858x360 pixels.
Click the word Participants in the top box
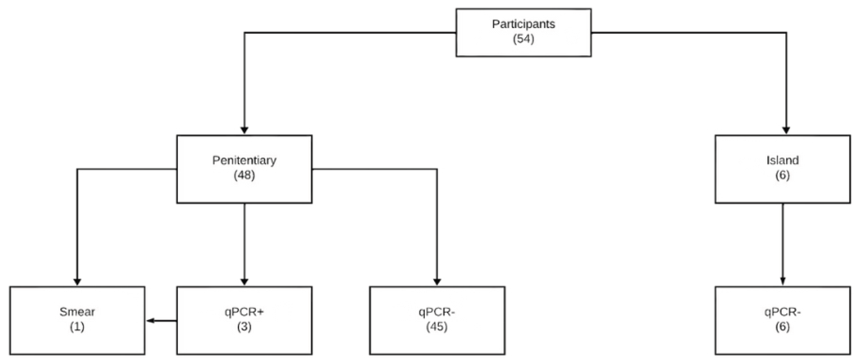point(523,24)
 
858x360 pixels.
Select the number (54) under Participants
point(523,39)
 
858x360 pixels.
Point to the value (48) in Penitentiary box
point(244,175)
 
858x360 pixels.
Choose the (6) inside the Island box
point(782,175)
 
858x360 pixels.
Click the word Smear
point(77,312)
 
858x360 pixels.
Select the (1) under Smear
point(77,327)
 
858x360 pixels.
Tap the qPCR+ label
point(244,312)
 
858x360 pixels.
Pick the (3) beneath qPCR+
point(244,327)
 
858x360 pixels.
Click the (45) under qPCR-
point(437,327)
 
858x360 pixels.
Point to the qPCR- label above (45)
point(437,312)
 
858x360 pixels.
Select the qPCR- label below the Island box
point(782,312)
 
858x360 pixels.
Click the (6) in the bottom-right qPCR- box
point(782,327)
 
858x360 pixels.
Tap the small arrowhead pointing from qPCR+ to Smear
point(151,321)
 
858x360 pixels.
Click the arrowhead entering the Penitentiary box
point(244,130)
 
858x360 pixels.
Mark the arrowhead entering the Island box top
point(786,130)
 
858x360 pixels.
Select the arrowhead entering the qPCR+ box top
point(244,282)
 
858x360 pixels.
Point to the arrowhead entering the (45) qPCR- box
point(437,282)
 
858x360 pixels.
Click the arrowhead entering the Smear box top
point(77,282)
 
